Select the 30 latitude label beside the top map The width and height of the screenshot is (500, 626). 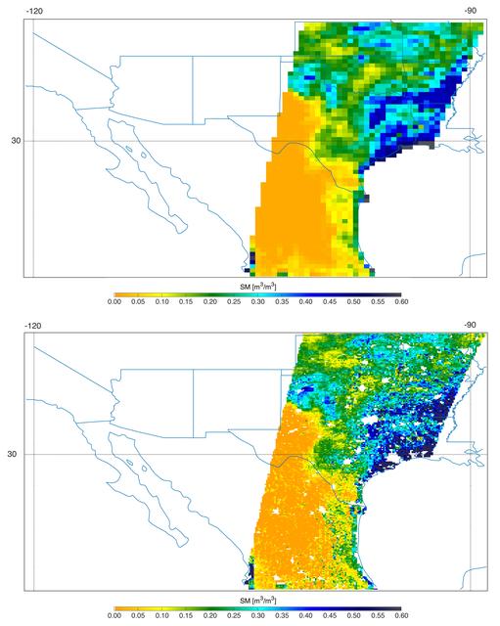(16, 140)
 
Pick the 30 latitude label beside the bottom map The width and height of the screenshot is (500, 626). (16, 454)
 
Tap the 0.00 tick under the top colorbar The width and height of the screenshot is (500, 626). (114, 303)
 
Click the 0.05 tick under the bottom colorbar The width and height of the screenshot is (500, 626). (138, 617)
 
